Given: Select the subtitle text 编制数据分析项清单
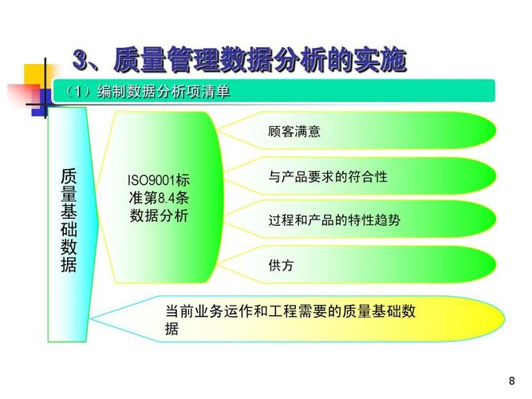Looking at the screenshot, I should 164,93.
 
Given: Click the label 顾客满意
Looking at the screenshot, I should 294,132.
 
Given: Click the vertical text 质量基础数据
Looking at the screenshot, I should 69,220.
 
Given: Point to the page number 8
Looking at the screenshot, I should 511,380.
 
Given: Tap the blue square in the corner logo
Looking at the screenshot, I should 39,109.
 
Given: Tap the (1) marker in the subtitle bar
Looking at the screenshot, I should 78,93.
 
